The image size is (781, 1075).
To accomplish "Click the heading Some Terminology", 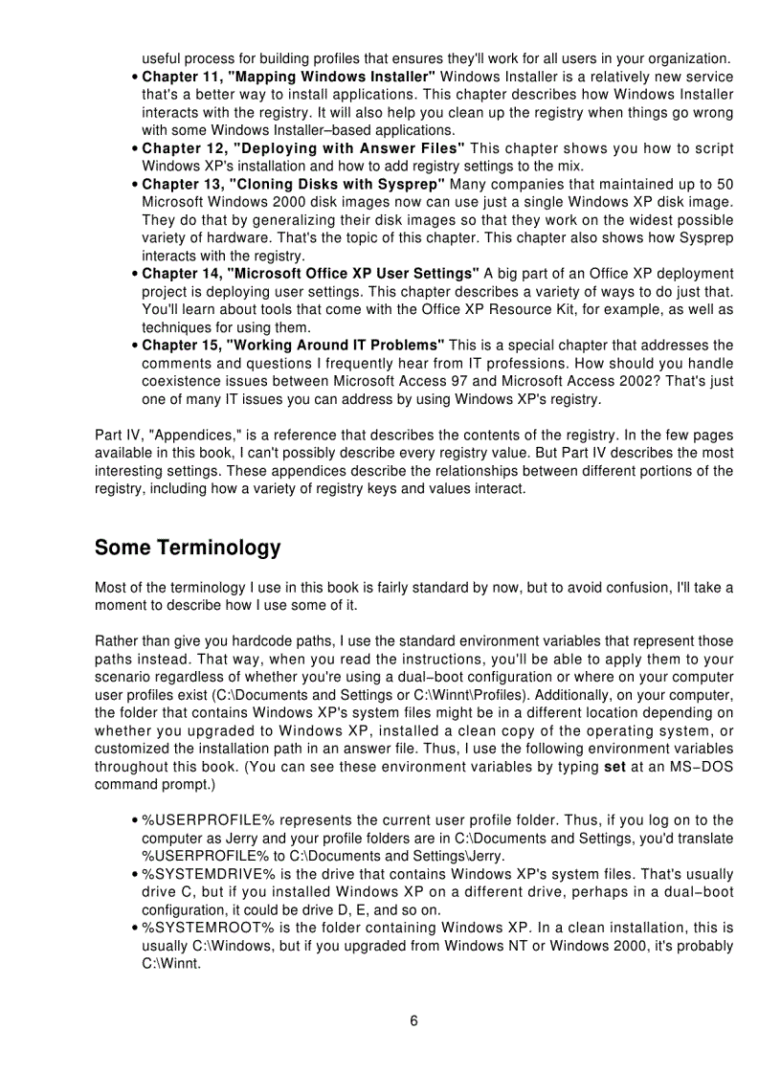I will click(x=188, y=548).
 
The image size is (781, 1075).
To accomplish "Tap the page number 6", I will click(x=413, y=1020).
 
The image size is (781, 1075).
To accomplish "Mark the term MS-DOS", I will click(x=704, y=767).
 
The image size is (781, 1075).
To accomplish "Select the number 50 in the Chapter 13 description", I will click(x=725, y=184).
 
